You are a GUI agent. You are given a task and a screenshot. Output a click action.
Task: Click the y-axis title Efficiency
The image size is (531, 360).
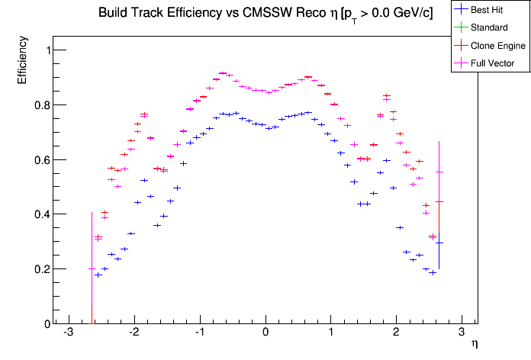click(x=23, y=63)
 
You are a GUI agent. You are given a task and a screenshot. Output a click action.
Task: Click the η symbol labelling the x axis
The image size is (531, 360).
click(x=474, y=345)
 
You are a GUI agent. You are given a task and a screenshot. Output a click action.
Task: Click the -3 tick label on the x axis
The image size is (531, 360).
click(x=68, y=333)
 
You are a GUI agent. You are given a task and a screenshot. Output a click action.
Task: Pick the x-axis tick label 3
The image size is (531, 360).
click(x=462, y=333)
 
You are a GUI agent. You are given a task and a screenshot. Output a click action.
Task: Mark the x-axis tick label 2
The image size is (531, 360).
click(x=396, y=333)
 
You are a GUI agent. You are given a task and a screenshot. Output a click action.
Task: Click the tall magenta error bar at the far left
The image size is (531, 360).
click(x=92, y=259)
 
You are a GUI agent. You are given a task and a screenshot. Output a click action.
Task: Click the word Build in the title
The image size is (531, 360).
click(x=112, y=13)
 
